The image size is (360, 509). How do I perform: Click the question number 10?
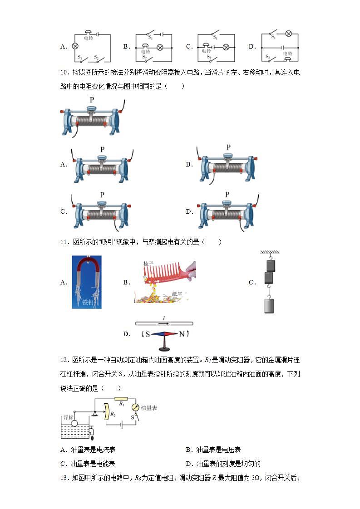click(x=64, y=73)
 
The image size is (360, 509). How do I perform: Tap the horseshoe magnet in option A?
click(x=86, y=272)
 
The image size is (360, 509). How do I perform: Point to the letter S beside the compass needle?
click(x=148, y=334)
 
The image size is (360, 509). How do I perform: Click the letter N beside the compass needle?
click(x=182, y=334)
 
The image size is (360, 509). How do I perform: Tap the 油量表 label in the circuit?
click(x=148, y=408)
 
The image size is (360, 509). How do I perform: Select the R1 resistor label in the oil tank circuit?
click(x=122, y=402)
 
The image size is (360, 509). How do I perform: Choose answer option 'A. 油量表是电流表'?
click(x=88, y=450)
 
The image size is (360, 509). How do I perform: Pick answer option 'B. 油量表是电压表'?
click(x=213, y=450)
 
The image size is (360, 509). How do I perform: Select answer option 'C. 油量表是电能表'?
click(x=88, y=464)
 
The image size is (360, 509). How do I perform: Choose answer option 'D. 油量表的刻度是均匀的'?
click(x=223, y=464)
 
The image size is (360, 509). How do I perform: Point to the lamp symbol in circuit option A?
click(x=75, y=46)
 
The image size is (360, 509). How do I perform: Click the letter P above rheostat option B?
click(x=228, y=147)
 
